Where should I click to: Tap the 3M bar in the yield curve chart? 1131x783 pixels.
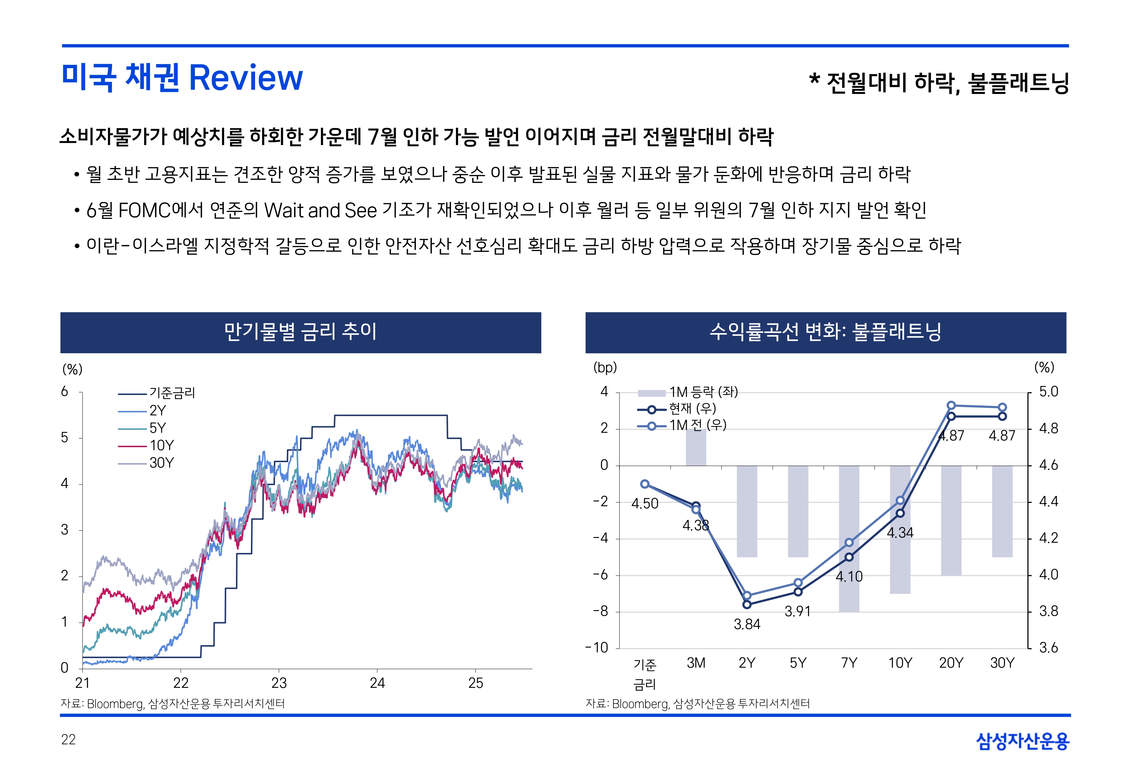point(695,448)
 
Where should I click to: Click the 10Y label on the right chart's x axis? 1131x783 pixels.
point(900,663)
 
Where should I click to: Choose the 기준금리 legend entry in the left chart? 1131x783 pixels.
point(172,393)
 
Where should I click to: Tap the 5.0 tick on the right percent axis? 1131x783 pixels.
point(1049,391)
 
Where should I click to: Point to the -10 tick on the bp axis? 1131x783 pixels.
point(597,648)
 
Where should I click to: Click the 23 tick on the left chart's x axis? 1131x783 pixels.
point(279,683)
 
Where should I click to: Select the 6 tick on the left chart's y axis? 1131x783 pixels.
point(65,391)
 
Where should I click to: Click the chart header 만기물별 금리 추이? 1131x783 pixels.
point(300,332)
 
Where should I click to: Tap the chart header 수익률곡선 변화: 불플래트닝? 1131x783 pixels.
point(825,332)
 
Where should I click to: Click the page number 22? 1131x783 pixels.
point(68,739)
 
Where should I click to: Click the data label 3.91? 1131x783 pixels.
point(798,611)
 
